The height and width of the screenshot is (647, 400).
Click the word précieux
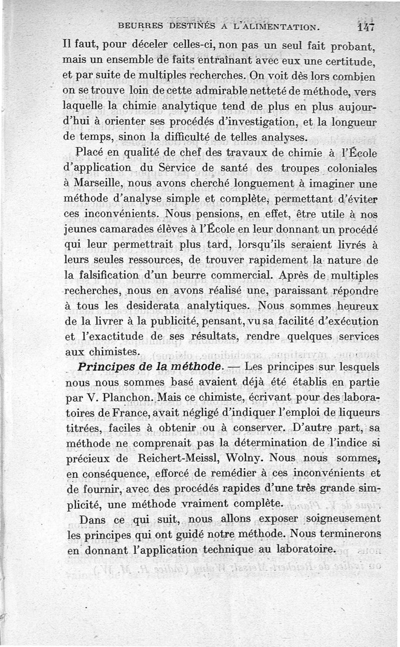[89, 458]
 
